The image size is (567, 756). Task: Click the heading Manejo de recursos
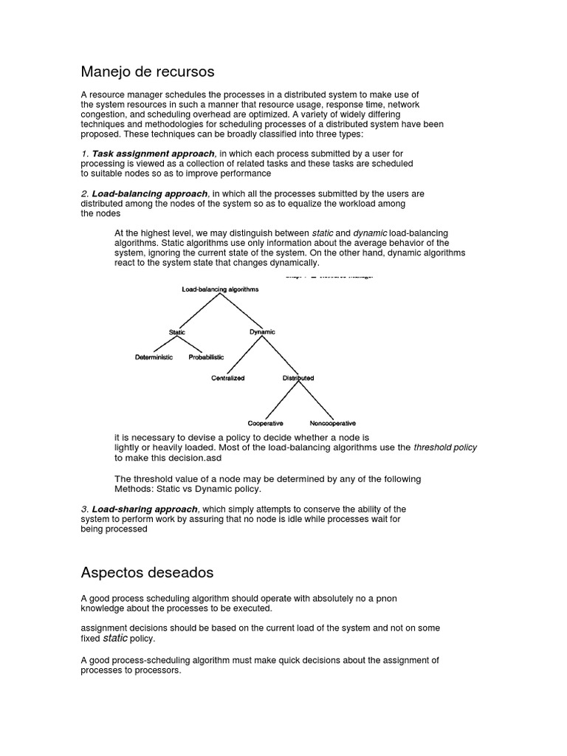click(147, 72)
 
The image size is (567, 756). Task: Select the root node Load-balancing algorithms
click(220, 290)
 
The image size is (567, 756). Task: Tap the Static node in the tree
click(177, 332)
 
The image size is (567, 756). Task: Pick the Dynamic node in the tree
click(262, 332)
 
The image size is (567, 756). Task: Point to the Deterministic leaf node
click(154, 357)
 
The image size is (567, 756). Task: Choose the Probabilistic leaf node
click(206, 357)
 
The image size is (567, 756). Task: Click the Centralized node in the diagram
click(228, 378)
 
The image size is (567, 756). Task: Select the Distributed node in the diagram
click(298, 378)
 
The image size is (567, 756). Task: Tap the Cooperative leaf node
click(265, 423)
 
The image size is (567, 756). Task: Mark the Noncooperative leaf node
click(332, 423)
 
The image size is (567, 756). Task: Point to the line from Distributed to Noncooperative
click(315, 400)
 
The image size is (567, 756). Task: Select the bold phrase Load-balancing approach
click(149, 194)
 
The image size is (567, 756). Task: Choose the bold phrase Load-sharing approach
click(145, 509)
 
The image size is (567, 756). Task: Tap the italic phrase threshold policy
click(445, 447)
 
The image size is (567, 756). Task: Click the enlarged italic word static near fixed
click(115, 638)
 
